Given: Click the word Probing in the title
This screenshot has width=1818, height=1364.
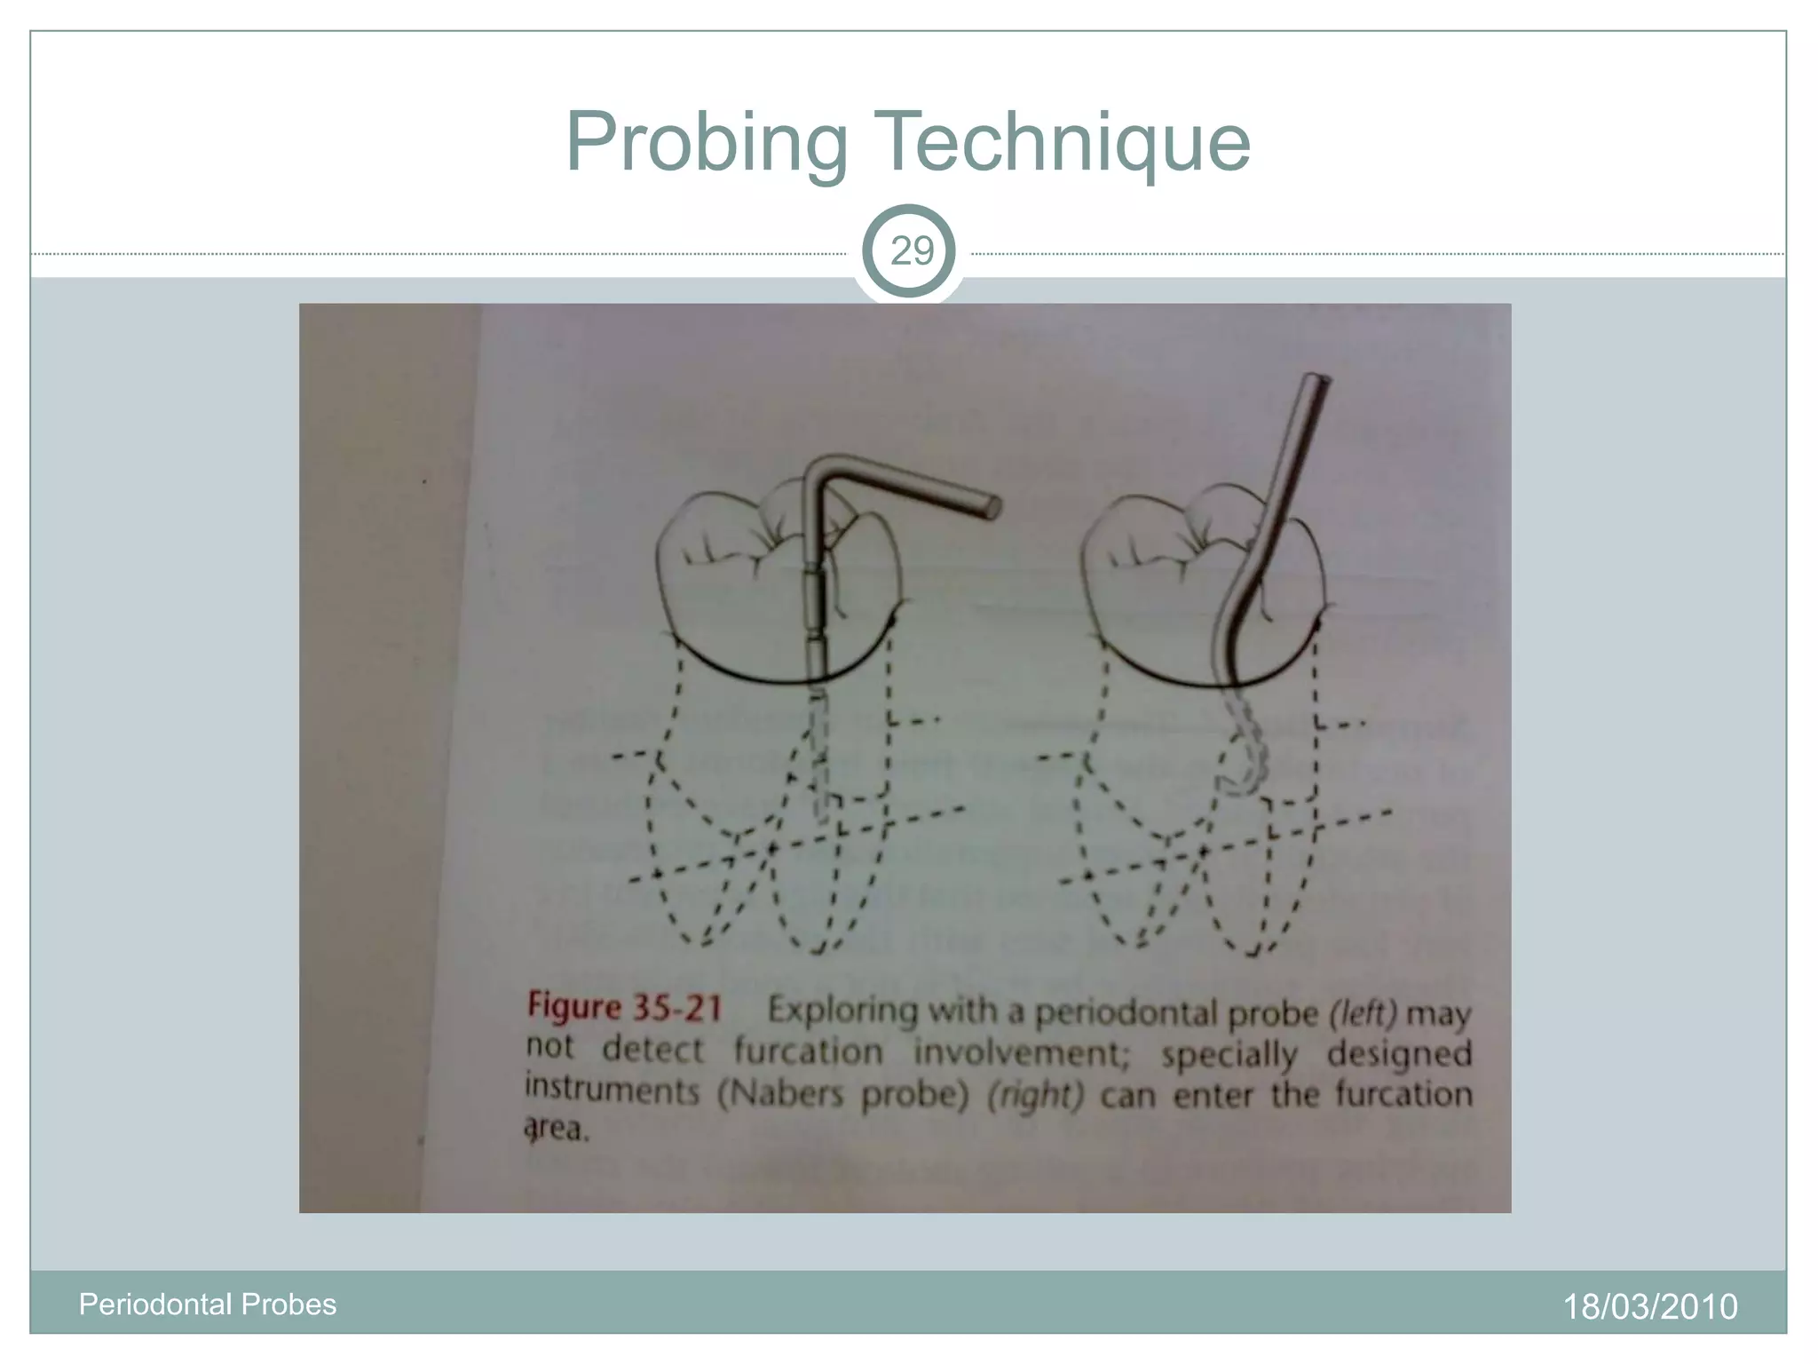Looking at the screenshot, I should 707,142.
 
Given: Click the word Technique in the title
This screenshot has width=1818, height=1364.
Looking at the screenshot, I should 1063,142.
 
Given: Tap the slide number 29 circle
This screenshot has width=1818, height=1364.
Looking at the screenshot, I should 910,251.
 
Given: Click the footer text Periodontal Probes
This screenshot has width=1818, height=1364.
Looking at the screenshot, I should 208,1304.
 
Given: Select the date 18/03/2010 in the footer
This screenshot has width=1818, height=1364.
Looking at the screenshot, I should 1649,1306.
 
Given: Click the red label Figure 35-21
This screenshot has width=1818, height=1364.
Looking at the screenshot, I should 624,1007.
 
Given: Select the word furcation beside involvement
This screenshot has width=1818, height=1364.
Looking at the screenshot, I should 808,1051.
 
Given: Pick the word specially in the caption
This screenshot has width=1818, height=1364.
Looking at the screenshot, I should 1229,1055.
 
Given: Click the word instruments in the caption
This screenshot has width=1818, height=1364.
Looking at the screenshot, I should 612,1089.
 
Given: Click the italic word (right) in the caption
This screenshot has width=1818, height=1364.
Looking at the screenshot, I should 1035,1095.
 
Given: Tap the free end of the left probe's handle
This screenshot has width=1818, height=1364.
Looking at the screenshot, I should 992,507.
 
